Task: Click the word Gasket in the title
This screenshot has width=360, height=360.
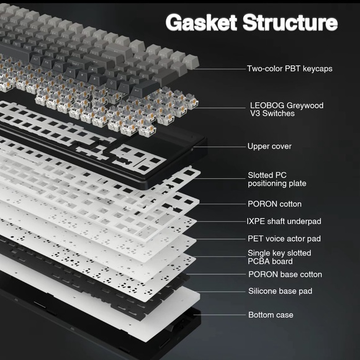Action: (x=201, y=22)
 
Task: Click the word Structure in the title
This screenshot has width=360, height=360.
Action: (x=290, y=22)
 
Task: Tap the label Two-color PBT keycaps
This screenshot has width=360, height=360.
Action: (x=289, y=69)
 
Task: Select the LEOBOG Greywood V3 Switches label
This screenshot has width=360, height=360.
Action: (x=287, y=109)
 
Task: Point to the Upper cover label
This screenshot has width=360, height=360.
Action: (x=269, y=146)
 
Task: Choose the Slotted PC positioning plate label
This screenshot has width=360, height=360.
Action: (x=277, y=179)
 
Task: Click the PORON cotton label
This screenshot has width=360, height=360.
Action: (x=274, y=204)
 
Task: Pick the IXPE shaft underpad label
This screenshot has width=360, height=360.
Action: (x=284, y=222)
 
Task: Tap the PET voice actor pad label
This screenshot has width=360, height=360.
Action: (x=284, y=238)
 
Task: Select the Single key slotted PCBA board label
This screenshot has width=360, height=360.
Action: (x=279, y=257)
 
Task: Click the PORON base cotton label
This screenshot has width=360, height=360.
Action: (x=285, y=274)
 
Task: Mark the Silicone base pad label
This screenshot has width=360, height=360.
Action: (x=281, y=291)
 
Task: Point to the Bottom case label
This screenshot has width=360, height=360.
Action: (x=271, y=315)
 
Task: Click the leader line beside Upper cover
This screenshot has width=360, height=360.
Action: (x=220, y=146)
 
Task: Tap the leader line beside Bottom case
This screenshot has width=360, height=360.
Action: (x=220, y=315)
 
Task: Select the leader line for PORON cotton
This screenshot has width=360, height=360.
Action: (x=222, y=204)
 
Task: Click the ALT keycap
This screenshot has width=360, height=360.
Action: (x=36, y=59)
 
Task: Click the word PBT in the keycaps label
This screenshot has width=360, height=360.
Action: (x=293, y=69)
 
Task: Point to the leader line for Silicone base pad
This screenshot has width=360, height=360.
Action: (x=221, y=292)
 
